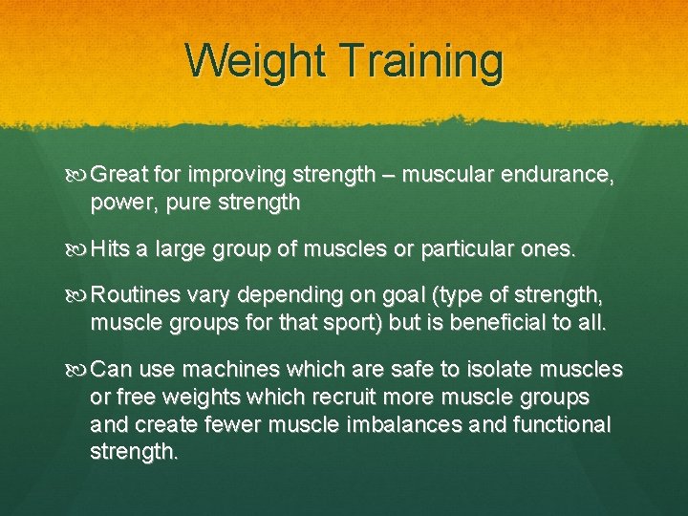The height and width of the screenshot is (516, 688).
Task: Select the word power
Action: coord(118,204)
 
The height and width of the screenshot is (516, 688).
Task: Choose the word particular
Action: coord(462,250)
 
